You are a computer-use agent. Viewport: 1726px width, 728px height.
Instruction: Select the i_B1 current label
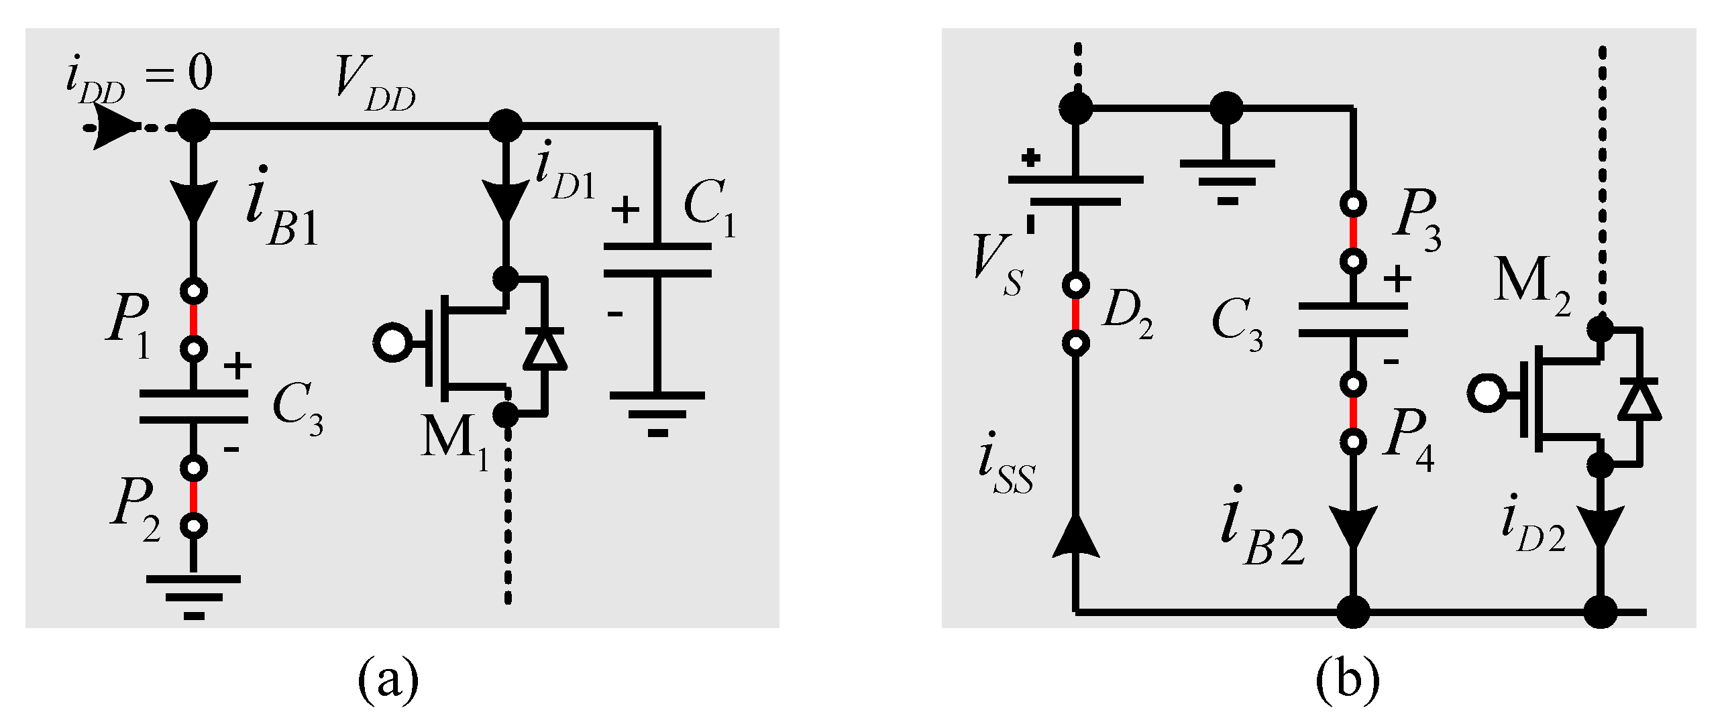[x=282, y=208]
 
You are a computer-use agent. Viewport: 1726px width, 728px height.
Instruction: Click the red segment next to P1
[x=194, y=320]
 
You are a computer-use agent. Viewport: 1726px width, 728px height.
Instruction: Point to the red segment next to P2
[x=194, y=497]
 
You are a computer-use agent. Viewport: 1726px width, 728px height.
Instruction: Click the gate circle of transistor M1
[x=392, y=343]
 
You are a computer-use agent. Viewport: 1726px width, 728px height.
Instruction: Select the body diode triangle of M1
[x=544, y=349]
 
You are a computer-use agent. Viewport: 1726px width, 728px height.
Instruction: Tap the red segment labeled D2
[x=1076, y=314]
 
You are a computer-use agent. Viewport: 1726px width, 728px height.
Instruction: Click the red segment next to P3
[x=1353, y=232]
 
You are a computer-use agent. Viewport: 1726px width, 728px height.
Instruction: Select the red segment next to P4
[x=1353, y=413]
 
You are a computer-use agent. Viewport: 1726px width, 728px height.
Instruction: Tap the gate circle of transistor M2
[x=1487, y=393]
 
